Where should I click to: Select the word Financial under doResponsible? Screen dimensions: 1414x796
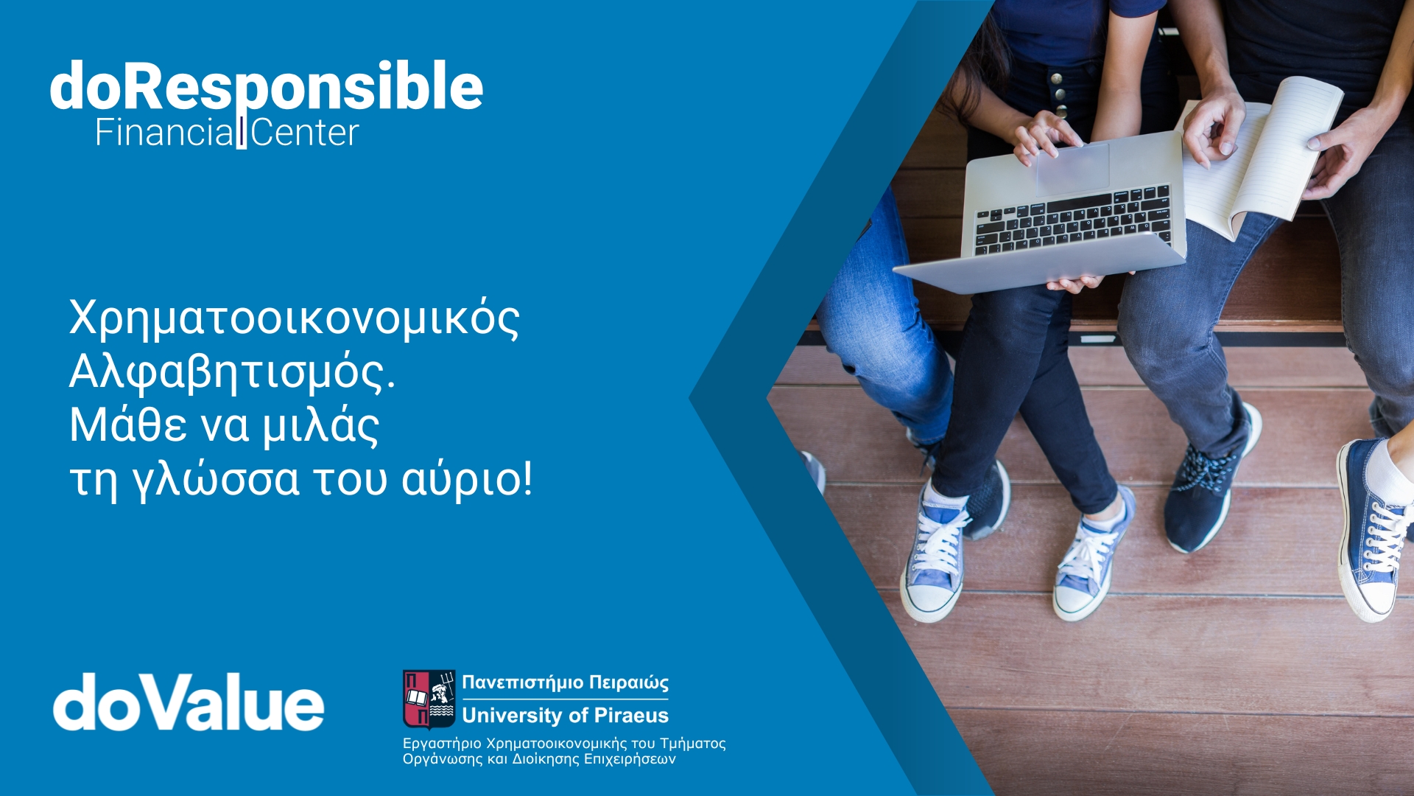[x=165, y=133]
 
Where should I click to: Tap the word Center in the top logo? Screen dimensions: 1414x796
[x=305, y=133]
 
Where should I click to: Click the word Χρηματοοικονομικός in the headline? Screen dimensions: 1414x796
[x=295, y=319]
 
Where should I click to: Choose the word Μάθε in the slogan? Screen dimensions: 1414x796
[x=128, y=425]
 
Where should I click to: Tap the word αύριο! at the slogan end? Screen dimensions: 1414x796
[x=466, y=480]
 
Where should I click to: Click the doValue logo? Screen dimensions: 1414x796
[x=189, y=702]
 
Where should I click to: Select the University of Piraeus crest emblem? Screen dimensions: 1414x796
[x=429, y=699]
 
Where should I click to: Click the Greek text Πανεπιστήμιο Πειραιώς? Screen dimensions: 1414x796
[x=566, y=683]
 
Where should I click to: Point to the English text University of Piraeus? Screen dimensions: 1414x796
[x=566, y=715]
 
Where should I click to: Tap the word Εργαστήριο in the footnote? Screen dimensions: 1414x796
[x=442, y=744]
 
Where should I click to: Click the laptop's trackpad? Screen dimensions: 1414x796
[x=1073, y=170]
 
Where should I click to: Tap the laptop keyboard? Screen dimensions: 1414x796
[x=1073, y=220]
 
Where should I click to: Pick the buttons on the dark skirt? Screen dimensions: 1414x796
[x=1059, y=92]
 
